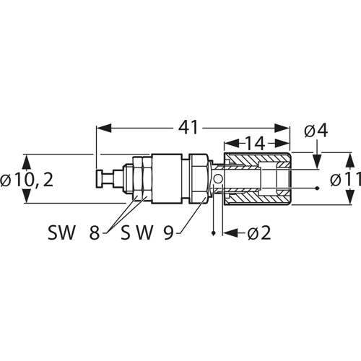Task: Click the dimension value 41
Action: pyautogui.click(x=188, y=127)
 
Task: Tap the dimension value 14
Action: pyautogui.click(x=255, y=144)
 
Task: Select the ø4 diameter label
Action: pyautogui.click(x=316, y=131)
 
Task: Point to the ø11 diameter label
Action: pyautogui.click(x=346, y=179)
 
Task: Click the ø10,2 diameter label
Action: pyautogui.click(x=27, y=180)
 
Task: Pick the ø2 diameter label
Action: pyautogui.click(x=259, y=232)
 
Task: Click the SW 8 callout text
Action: pyautogui.click(x=74, y=232)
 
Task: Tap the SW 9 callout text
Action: pyautogui.click(x=147, y=232)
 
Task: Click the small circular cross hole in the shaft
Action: pyautogui.click(x=218, y=179)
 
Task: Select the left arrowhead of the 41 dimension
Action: pyautogui.click(x=104, y=128)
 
